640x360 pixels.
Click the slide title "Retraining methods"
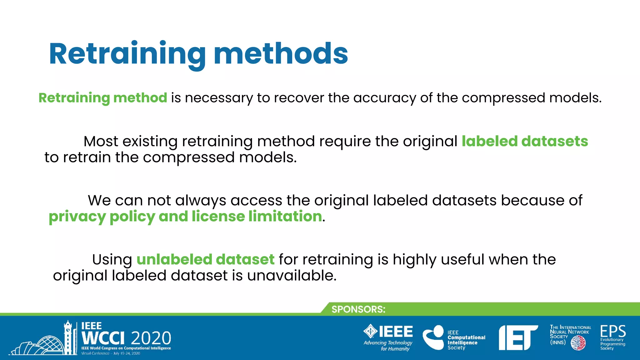coord(198,54)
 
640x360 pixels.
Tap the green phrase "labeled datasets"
coord(525,141)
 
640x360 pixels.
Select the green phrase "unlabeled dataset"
coord(205,259)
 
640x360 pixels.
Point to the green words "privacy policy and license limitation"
coord(185,216)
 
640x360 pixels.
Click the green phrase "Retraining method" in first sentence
coord(103,98)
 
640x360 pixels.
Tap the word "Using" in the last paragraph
coord(112,259)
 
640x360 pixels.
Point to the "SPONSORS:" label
coord(358,309)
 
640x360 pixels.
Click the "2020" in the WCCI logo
coord(151,338)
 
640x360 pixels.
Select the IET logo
coord(517,337)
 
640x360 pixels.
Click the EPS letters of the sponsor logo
coord(613,331)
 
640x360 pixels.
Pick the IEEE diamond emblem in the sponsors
coord(371,331)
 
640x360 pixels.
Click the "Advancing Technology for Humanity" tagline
coord(388,346)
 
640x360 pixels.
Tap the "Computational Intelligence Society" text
coord(466,340)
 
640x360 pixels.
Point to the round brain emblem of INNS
coord(578,343)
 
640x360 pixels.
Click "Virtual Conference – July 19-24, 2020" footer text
coord(111,353)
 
